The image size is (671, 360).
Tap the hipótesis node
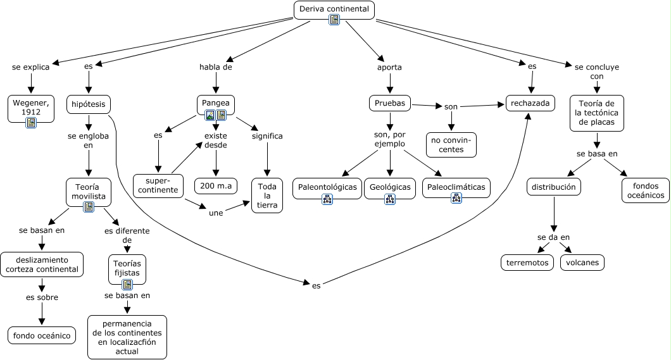[89, 104]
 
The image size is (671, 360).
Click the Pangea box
[216, 103]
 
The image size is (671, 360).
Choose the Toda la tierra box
[267, 195]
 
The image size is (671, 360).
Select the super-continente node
[158, 185]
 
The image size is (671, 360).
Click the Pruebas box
[390, 103]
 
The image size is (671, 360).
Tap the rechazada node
[530, 103]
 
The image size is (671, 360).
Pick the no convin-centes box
[451, 144]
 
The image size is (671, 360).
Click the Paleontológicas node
[327, 187]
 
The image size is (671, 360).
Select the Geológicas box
[389, 187]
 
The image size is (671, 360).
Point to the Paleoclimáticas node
[456, 187]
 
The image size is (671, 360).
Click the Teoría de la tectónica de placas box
[596, 113]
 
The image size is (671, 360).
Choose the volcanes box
[582, 262]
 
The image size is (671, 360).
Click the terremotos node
[527, 262]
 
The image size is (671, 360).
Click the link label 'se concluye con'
[596, 71]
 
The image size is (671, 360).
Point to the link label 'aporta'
[389, 66]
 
